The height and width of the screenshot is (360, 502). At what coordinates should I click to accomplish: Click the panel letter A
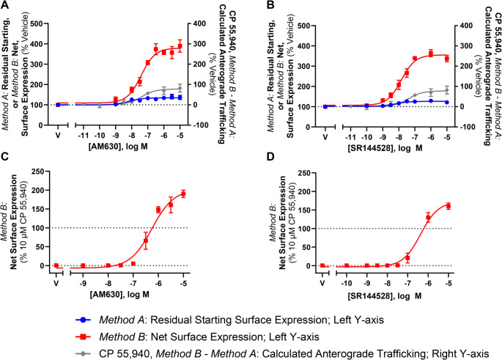(x=5, y=6)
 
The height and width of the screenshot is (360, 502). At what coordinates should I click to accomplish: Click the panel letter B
(x=256, y=6)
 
